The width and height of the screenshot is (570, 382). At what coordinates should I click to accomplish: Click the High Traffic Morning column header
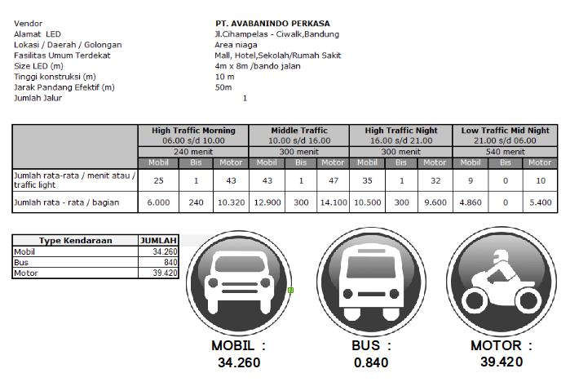193,130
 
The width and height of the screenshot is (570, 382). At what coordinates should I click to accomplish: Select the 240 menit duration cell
193,151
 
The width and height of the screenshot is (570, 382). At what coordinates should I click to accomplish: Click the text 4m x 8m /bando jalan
258,66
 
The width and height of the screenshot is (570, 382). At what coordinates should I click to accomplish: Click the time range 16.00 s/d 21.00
401,140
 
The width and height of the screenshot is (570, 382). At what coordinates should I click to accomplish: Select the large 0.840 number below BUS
372,362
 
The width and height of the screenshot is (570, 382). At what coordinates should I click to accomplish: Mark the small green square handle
290,289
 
